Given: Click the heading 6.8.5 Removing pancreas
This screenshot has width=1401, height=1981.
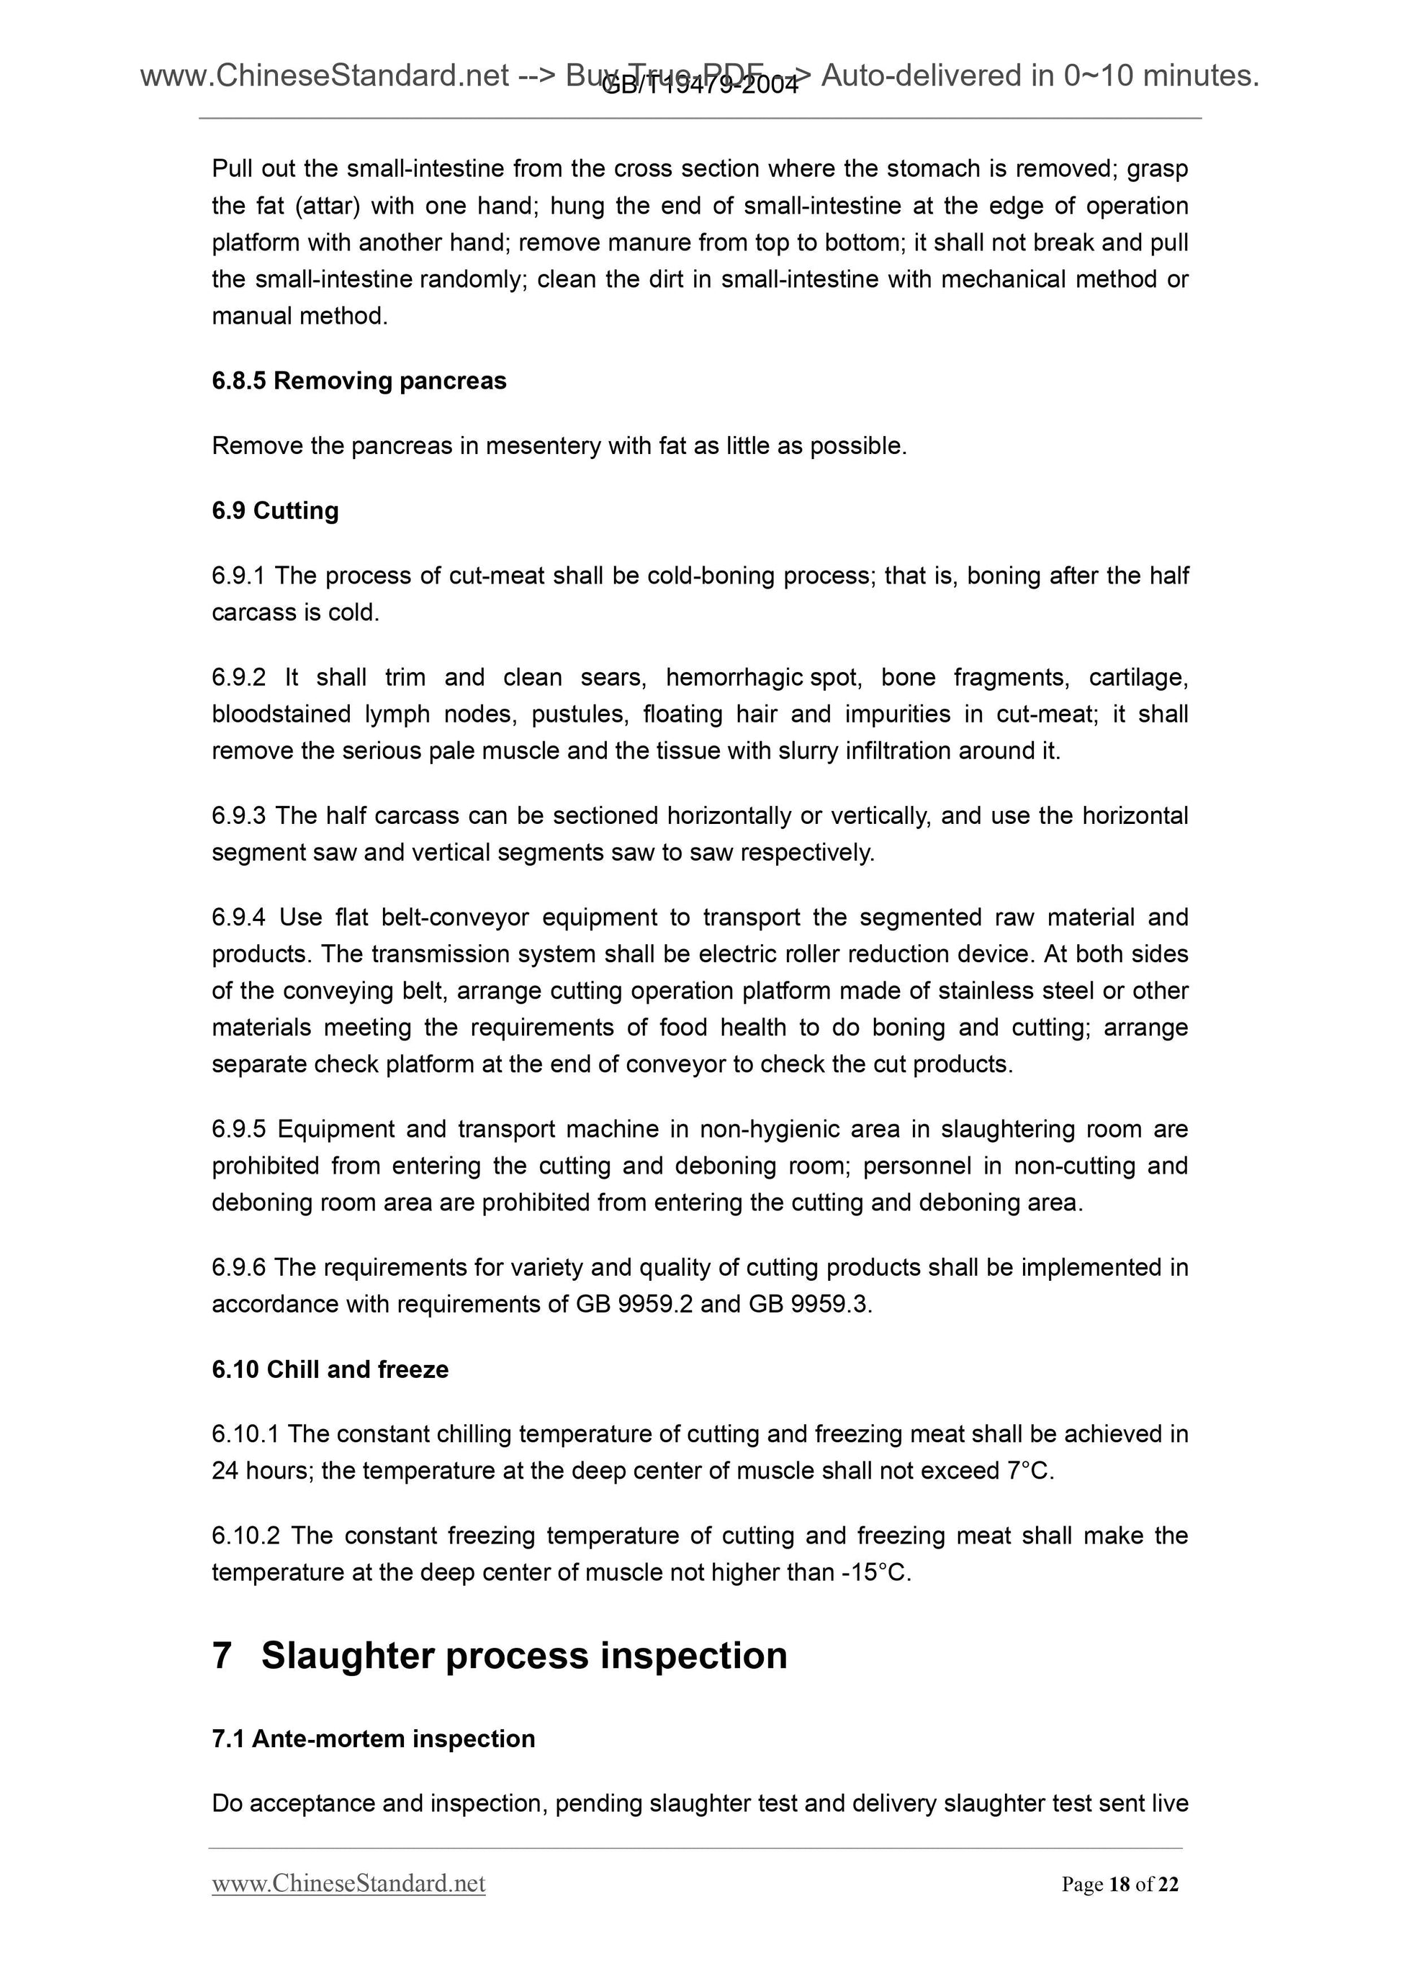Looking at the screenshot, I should [x=359, y=381].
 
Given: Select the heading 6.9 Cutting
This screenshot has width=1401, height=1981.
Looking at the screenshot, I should [x=274, y=511].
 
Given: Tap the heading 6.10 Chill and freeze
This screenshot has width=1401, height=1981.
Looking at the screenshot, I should [x=330, y=1369].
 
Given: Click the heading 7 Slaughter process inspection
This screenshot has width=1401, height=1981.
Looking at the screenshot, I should [x=499, y=1656].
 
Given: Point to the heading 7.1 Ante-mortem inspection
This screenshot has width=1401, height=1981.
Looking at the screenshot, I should [x=373, y=1738].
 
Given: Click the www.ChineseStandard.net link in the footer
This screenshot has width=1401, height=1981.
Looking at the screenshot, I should [x=348, y=1882].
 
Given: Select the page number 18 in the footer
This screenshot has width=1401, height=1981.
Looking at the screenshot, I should [x=1120, y=1885].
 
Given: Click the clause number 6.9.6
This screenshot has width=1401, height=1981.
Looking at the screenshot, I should [x=238, y=1267].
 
